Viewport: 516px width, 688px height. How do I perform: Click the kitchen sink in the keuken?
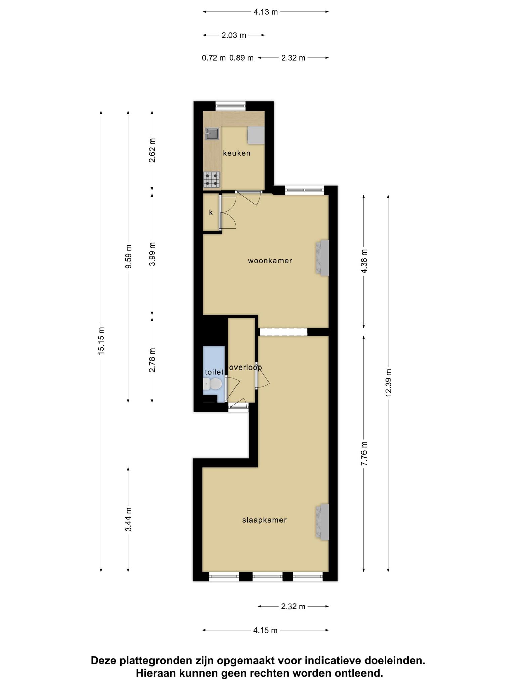(x=212, y=133)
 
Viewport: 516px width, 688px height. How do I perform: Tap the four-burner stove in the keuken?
(x=212, y=179)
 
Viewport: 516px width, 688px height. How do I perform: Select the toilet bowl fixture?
(x=212, y=384)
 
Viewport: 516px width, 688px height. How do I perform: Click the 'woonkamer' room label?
(x=270, y=260)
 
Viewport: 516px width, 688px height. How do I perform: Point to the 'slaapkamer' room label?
(x=264, y=520)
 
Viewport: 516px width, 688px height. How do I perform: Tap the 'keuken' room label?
(x=237, y=153)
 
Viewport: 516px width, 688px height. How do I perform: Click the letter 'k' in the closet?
(x=211, y=212)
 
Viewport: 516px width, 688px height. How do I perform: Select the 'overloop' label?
(x=246, y=367)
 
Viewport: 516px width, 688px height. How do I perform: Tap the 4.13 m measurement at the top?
(x=266, y=12)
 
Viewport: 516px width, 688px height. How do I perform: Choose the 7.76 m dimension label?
(x=364, y=453)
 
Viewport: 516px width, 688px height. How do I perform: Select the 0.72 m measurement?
(x=214, y=58)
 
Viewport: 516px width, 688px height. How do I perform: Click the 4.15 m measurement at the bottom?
(x=265, y=630)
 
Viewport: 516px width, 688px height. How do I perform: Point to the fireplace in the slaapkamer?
(x=321, y=522)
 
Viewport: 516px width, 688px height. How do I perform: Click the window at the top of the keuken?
(x=230, y=106)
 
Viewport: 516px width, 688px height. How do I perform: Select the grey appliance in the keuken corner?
(x=256, y=135)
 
